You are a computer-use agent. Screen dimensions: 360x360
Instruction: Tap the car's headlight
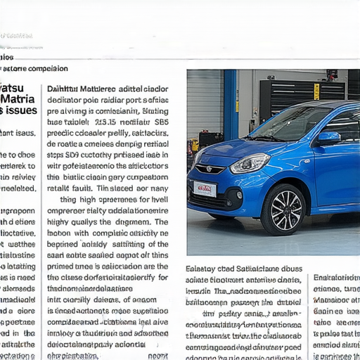coord(250,163)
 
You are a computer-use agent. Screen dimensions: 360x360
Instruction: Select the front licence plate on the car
coord(205,188)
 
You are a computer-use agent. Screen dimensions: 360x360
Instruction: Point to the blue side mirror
coord(328,139)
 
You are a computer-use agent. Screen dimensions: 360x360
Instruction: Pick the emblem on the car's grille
coord(208,169)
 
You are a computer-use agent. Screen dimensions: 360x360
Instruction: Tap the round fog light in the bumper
coord(239,195)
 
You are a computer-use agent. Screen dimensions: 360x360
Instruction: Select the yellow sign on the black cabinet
coord(316,91)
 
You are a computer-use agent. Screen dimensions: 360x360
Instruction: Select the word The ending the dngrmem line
coord(160,221)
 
